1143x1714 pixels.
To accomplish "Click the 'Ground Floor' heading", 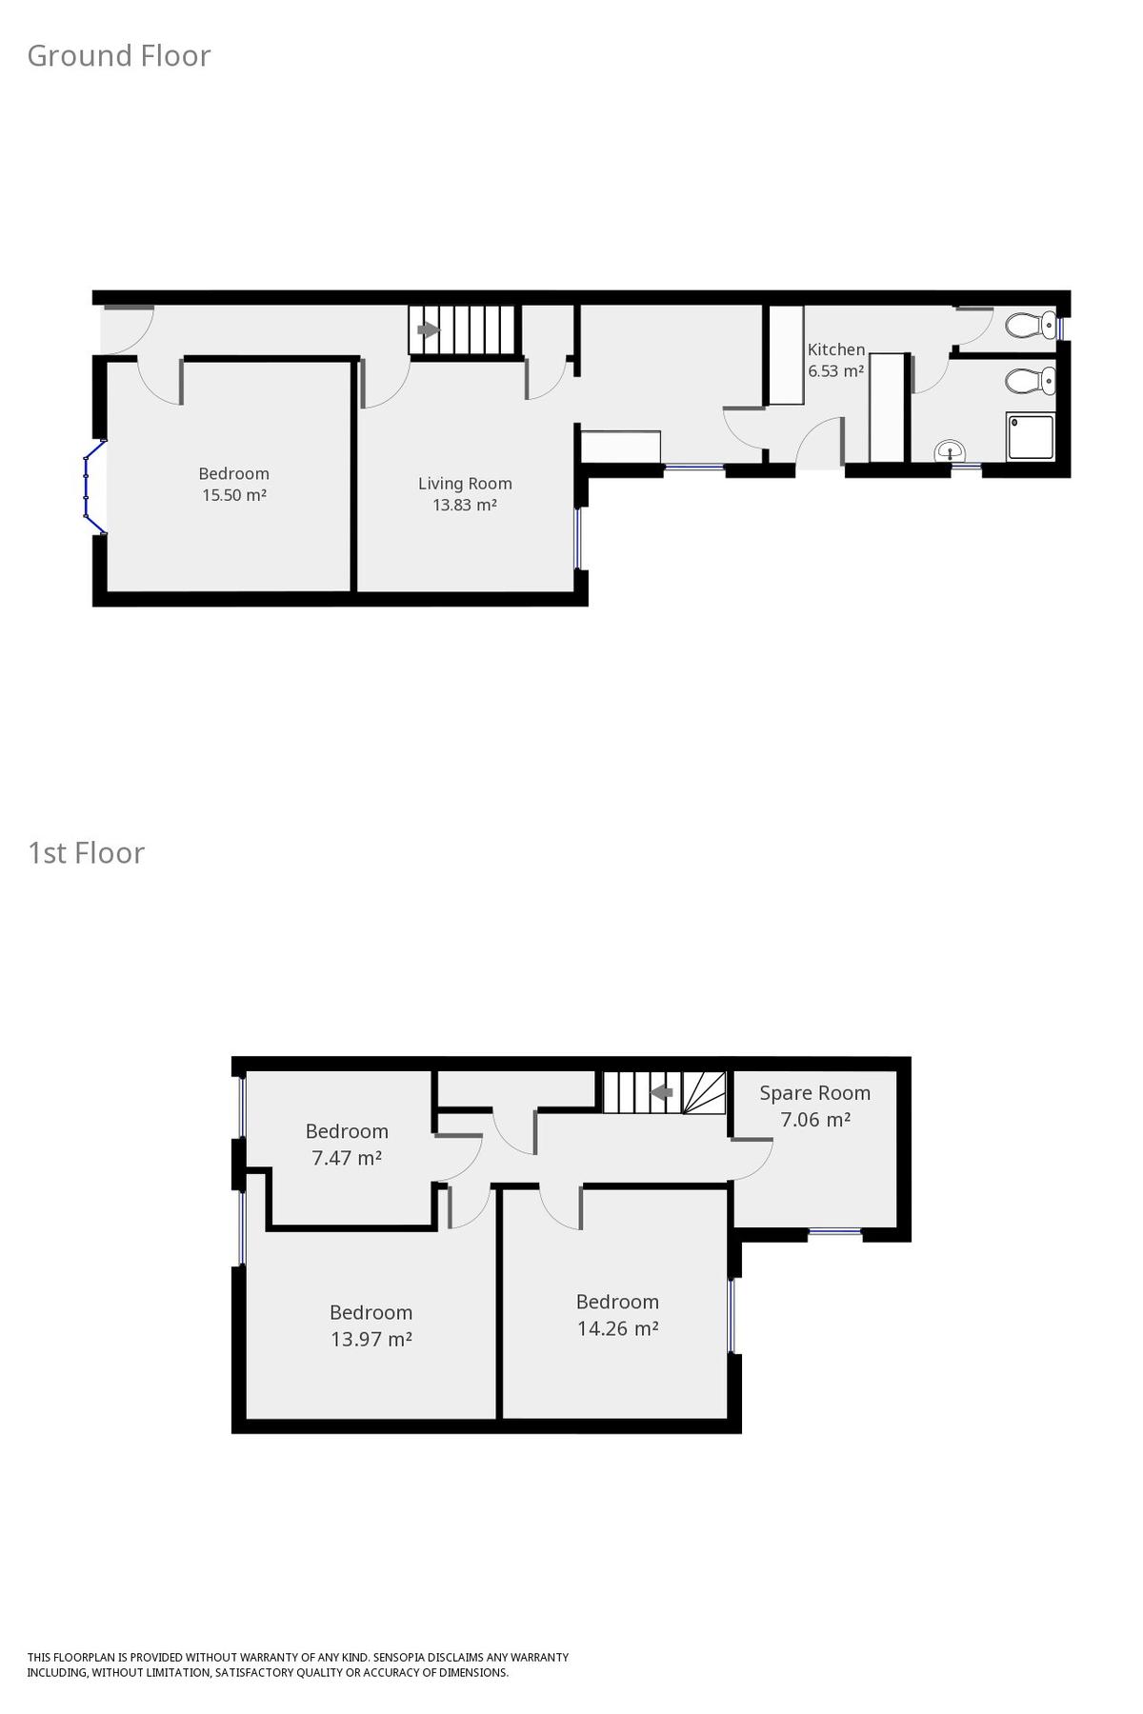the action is coord(119,56).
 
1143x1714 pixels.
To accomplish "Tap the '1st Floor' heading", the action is coord(87,852).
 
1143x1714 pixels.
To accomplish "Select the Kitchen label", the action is coord(836,349).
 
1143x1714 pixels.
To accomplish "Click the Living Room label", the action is coord(465,484).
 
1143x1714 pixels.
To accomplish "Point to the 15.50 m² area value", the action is coord(233,495).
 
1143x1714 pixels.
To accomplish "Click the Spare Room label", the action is coord(815,1093).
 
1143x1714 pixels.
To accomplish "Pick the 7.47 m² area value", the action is coord(347,1158).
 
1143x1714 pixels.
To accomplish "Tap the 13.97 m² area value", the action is coord(371,1339).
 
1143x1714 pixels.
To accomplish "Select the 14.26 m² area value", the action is coord(618,1328).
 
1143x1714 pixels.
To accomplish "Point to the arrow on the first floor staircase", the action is coord(662,1092).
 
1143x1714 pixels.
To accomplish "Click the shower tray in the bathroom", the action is coord(1031,437).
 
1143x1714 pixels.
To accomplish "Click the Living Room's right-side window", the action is coord(576,538).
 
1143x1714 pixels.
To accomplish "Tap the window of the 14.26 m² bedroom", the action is coord(732,1315).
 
